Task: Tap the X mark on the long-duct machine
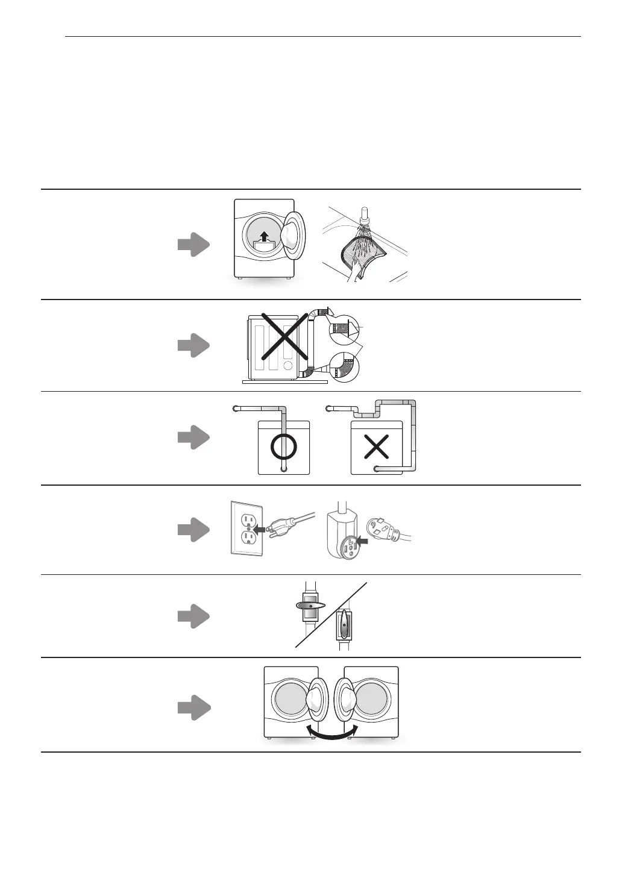tap(376, 447)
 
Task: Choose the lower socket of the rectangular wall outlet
tap(248, 536)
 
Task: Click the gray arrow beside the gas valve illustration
tap(193, 616)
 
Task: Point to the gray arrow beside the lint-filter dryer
tap(193, 245)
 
